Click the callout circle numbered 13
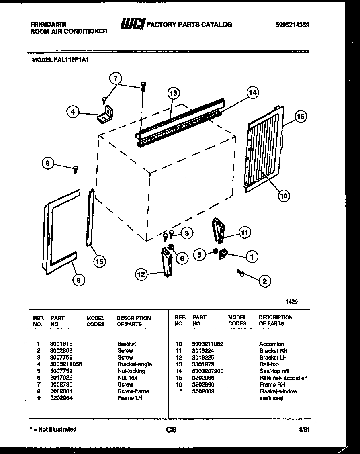(173, 93)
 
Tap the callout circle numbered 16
(301, 117)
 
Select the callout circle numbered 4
(72, 113)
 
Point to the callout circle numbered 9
(79, 281)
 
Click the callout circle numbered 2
(264, 281)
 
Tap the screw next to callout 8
(75, 170)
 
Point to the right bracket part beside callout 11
(218, 231)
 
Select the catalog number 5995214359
(292, 25)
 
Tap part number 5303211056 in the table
(66, 364)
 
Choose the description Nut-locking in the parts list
(131, 371)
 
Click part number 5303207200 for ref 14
(208, 371)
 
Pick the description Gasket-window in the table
(278, 391)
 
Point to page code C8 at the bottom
(171, 430)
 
